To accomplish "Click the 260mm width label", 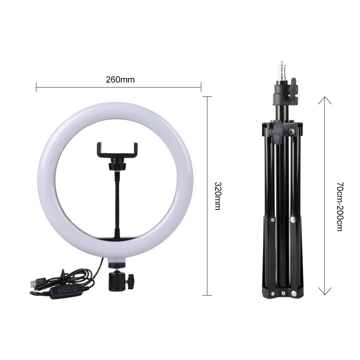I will pyautogui.click(x=120, y=80).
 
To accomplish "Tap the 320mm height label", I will pyautogui.click(x=217, y=196).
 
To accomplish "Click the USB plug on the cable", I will pyautogui.click(x=35, y=284).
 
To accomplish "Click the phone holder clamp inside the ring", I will pyautogui.click(x=117, y=150).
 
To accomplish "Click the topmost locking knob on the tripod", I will pyautogui.click(x=293, y=86).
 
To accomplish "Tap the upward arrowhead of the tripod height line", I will pyautogui.click(x=325, y=99).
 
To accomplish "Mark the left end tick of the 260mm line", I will pyautogui.click(x=36, y=87).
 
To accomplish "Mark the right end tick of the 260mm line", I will pyautogui.click(x=201, y=87).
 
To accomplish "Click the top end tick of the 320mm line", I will pyautogui.click(x=207, y=96).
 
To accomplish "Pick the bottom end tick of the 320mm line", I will pyautogui.click(x=207, y=295).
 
